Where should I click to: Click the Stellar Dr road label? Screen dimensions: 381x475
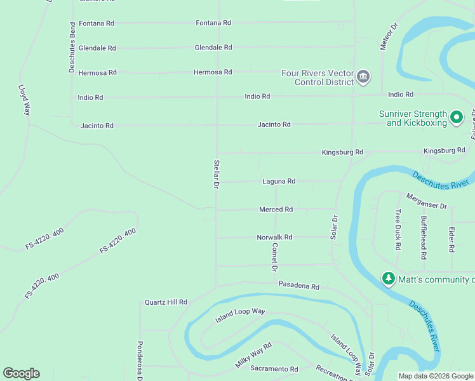point(217,174)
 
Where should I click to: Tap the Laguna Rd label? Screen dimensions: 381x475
point(279,182)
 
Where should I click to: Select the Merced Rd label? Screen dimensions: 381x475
point(276,210)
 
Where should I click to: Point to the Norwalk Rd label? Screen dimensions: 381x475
point(274,237)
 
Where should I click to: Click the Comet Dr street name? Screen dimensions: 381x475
point(275,257)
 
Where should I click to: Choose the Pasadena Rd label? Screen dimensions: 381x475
point(298,286)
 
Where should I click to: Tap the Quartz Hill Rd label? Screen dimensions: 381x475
point(166,302)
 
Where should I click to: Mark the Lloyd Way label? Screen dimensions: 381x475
point(24,100)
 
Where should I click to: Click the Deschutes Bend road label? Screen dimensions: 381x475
point(72,47)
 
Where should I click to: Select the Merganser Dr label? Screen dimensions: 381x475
point(427,202)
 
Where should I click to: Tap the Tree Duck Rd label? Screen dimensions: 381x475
point(398,230)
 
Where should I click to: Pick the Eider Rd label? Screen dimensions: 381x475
point(452,239)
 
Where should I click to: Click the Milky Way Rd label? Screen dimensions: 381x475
point(253,354)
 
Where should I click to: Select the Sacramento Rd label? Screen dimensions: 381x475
point(274,369)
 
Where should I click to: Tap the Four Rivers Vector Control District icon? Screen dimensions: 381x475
point(363,77)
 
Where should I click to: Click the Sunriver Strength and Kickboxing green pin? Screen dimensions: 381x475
point(456,117)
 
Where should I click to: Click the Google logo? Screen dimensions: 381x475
point(21,373)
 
